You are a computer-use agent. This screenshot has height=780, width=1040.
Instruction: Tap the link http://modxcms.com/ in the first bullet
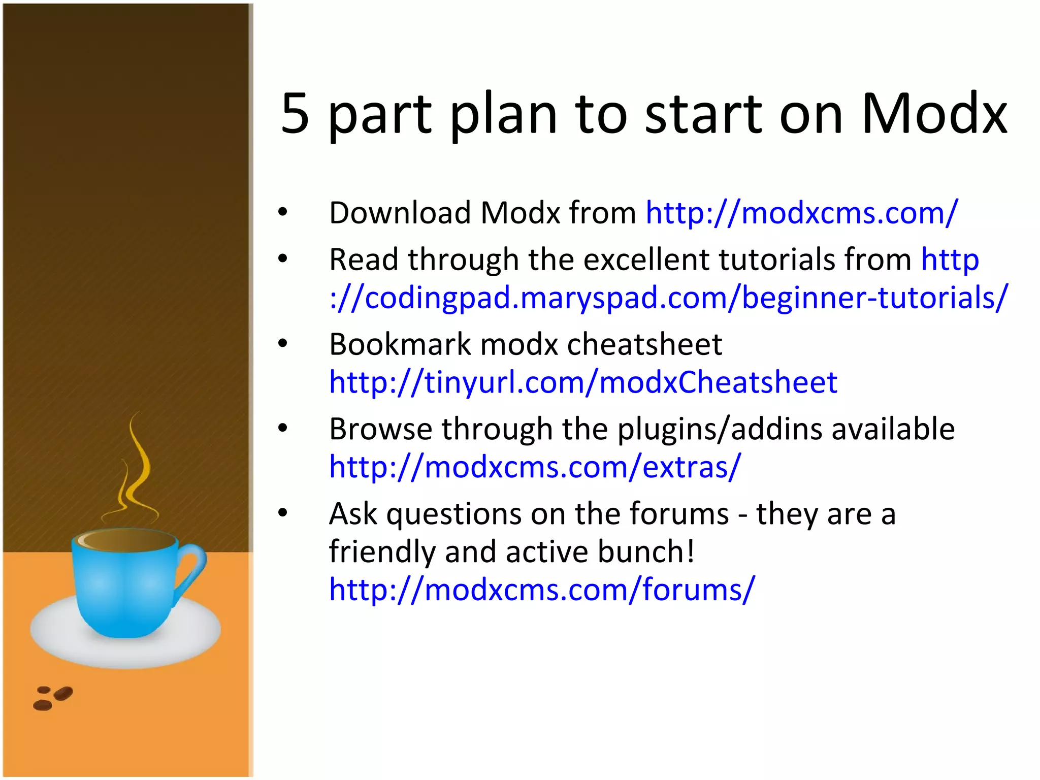click(802, 212)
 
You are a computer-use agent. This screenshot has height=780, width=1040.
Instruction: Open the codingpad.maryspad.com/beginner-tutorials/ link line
click(668, 298)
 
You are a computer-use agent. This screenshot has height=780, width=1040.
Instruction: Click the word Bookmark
click(400, 344)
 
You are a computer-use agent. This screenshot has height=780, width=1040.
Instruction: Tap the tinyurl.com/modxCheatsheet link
click(583, 382)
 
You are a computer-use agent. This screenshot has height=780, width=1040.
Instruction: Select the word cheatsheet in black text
click(644, 344)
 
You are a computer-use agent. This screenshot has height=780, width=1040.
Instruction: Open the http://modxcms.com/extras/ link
click(535, 467)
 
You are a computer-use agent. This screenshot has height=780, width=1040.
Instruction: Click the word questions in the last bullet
click(453, 514)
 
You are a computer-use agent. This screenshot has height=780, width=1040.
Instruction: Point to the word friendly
click(382, 551)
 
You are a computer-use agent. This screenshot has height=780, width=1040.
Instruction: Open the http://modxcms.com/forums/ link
click(542, 590)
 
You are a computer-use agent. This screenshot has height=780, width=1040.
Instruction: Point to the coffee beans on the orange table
click(53, 698)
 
